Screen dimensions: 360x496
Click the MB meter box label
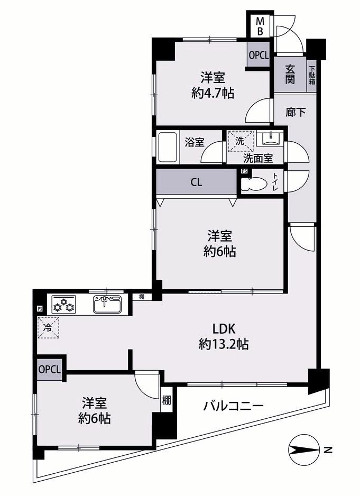pos(260,26)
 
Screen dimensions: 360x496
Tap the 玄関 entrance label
pos(290,75)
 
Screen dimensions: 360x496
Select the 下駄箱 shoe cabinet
pos(312,75)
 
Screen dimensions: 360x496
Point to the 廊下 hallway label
pos(296,112)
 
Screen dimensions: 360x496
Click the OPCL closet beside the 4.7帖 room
pos(259,55)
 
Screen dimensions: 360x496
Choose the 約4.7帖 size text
pos(213,93)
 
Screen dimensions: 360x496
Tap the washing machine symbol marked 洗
pos(241,141)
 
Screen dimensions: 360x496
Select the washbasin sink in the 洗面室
pos(270,139)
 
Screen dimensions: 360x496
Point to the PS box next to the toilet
pos(244,171)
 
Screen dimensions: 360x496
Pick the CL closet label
pos(196,182)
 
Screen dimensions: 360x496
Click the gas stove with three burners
pos(64,304)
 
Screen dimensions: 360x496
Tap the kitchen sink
pos(107,304)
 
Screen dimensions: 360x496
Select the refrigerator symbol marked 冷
pos(49,328)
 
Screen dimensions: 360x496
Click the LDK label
pos(224,329)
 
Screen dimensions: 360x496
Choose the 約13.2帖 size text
pos(224,344)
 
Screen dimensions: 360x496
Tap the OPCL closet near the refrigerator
pos(49,369)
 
